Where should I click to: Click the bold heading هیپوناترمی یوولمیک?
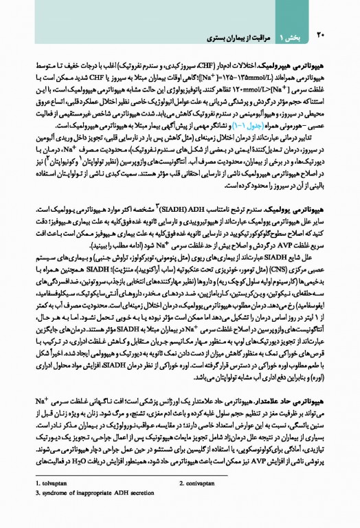298,209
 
